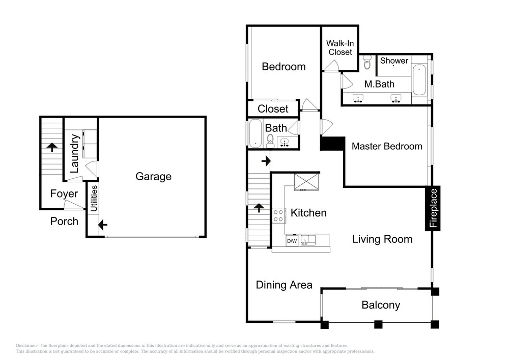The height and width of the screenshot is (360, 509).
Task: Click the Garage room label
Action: coord(153,176)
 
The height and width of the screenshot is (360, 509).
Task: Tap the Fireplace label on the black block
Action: coord(433,208)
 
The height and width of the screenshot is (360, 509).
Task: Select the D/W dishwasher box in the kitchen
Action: coord(292,241)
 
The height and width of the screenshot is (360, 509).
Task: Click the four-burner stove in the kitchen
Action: coord(278,215)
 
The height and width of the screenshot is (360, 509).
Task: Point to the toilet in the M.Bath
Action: coord(367,62)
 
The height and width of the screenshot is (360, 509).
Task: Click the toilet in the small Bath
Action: coord(270,141)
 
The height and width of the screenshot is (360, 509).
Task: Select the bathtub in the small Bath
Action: coord(256,133)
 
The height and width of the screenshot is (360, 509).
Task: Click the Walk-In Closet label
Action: coord(340,48)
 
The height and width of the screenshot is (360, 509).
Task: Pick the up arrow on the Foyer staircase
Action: coord(52,147)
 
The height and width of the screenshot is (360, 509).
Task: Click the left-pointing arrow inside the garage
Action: coord(103,225)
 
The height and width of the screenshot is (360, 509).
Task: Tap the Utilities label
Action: coord(94,199)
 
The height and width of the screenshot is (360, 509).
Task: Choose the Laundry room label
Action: coord(75,154)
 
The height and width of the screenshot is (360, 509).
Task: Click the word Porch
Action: coord(64,221)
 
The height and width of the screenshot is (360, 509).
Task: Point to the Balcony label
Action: coord(381,305)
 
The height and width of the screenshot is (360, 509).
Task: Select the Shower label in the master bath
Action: coord(394,61)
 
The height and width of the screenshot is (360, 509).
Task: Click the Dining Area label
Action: coord(284,285)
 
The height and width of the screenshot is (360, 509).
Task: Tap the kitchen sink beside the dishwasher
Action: coord(308,240)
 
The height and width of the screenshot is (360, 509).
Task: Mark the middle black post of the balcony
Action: coord(378,324)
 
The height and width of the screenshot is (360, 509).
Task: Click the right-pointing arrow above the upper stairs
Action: coord(266,161)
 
